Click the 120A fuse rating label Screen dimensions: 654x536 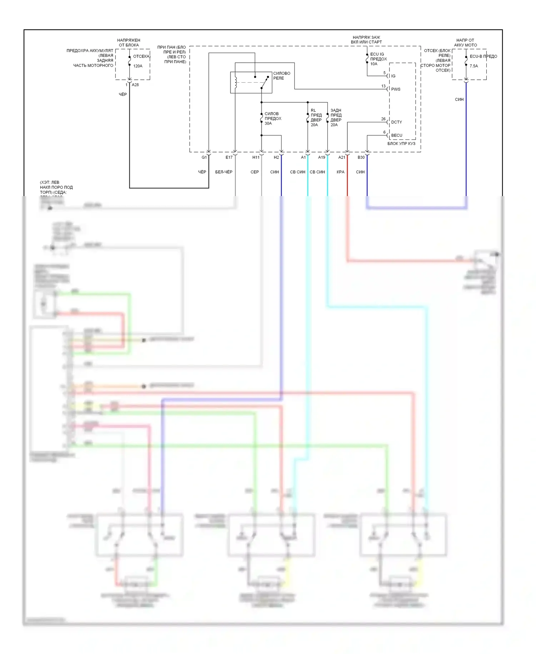[x=138, y=66]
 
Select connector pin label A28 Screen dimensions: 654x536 [x=135, y=85]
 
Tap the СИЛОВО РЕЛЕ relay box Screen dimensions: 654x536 [x=251, y=82]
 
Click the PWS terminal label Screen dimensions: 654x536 [x=396, y=89]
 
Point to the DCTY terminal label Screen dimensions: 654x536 [x=396, y=122]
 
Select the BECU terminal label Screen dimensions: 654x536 [x=397, y=135]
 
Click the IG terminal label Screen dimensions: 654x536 [x=393, y=76]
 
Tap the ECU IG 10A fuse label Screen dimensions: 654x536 [x=378, y=59]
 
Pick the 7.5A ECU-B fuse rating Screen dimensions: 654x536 [x=473, y=66]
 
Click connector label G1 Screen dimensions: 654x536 [x=204, y=157]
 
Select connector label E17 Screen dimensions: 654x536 [x=229, y=157]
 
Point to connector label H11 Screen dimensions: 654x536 [x=256, y=157]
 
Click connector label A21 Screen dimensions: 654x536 [x=342, y=157]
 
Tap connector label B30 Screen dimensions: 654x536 [x=361, y=157]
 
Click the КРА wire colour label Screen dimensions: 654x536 [x=340, y=172]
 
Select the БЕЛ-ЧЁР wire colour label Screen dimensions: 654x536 [x=224, y=172]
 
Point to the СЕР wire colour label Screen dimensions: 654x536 [x=254, y=172]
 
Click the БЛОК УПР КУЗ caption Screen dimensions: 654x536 [x=401, y=143]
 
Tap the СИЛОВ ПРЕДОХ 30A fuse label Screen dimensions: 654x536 [x=273, y=118]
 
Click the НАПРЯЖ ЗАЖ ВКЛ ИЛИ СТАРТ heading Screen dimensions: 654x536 [x=366, y=40]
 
